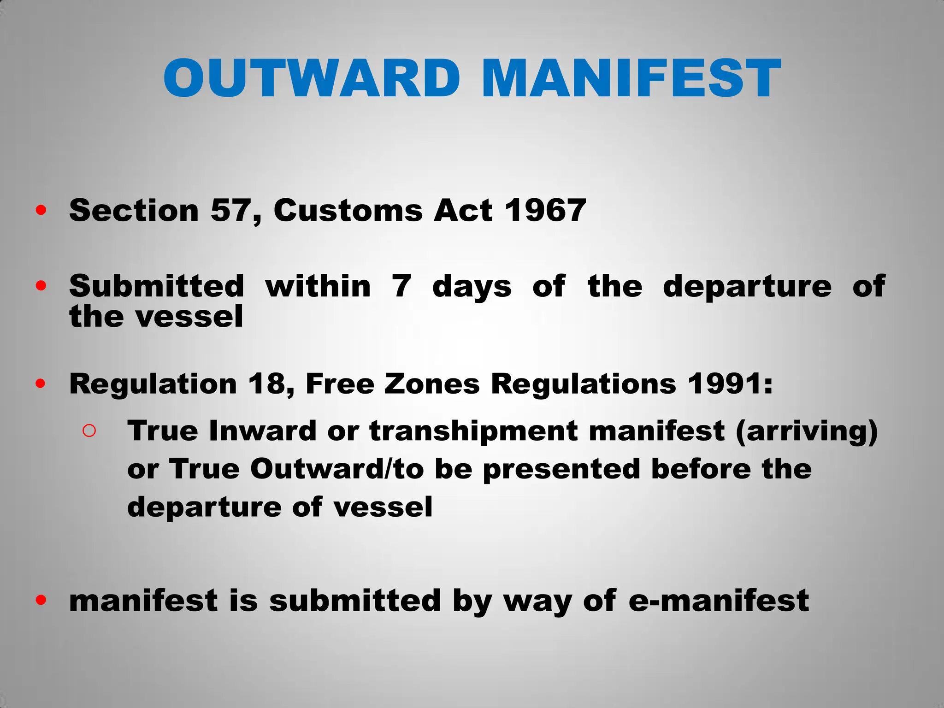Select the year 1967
pyautogui.click(x=545, y=211)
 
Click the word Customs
pyautogui.click(x=348, y=211)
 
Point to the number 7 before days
pyautogui.click(x=401, y=286)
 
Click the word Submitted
pyautogui.click(x=156, y=286)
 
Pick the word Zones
pyautogui.click(x=432, y=383)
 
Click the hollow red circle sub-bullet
pyautogui.click(x=89, y=431)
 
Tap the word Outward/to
pyautogui.click(x=337, y=469)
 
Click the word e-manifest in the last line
pyautogui.click(x=719, y=601)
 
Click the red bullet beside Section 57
pyautogui.click(x=41, y=211)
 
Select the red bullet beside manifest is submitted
pyautogui.click(x=41, y=600)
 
